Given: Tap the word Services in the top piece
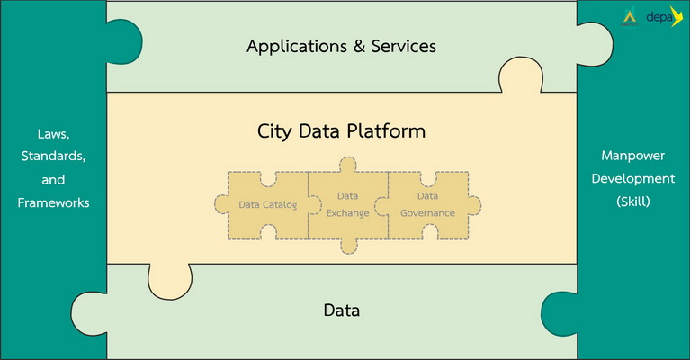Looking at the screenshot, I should pyautogui.click(x=404, y=46).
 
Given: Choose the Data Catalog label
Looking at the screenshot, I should pyautogui.click(x=267, y=205).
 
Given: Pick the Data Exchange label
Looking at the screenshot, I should pyautogui.click(x=347, y=204).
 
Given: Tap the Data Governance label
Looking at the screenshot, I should pyautogui.click(x=427, y=204).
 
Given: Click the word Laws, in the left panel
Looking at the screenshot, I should pyautogui.click(x=54, y=134).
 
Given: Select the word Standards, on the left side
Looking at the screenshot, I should pyautogui.click(x=54, y=157).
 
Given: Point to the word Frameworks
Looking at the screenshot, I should pyautogui.click(x=54, y=202).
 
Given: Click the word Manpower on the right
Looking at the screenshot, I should pyautogui.click(x=633, y=156).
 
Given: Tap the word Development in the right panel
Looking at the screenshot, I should pyautogui.click(x=633, y=178).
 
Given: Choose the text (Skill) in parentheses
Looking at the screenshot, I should pyautogui.click(x=633, y=202).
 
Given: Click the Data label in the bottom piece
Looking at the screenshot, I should pyautogui.click(x=342, y=311).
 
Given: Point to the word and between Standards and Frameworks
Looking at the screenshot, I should pyautogui.click(x=54, y=180).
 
